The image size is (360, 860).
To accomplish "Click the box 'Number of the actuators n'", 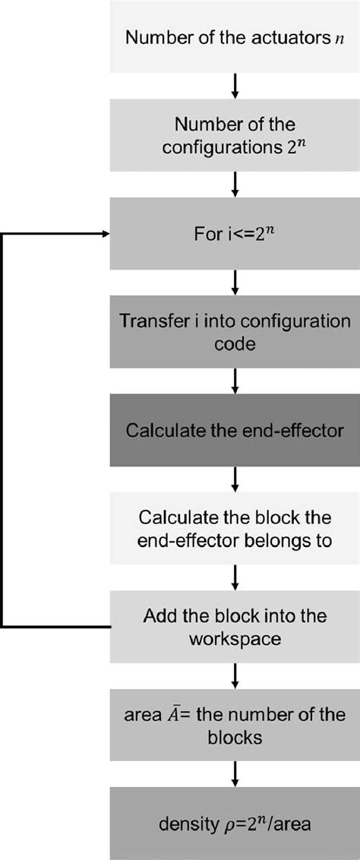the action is tap(235, 36).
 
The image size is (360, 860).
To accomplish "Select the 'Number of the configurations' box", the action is tap(235, 135).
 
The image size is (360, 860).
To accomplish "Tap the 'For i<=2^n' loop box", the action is tap(235, 234).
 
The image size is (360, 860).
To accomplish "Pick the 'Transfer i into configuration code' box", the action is tap(235, 332).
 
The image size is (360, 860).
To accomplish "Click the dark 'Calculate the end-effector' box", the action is tap(235, 431).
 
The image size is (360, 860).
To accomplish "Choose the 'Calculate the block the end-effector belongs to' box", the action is tap(235, 529).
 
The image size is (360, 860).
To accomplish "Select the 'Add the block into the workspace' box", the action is tap(235, 626).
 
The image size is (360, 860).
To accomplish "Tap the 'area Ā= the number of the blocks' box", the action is tap(235, 725).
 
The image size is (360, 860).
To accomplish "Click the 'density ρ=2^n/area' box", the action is tap(235, 824).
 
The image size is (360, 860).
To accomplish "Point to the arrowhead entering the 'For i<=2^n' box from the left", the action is tap(106, 234).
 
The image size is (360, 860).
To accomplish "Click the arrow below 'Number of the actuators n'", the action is tap(235, 86).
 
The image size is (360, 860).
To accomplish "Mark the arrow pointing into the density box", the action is tap(235, 774).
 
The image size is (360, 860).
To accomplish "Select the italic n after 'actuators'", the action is tap(340, 40).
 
